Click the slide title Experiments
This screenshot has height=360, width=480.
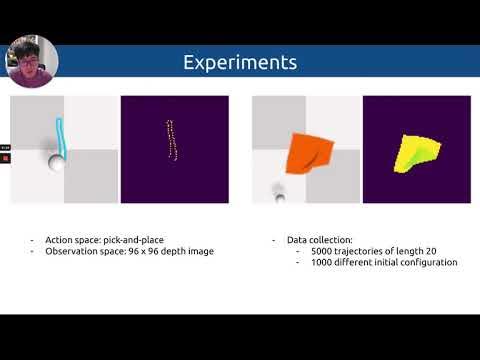[x=239, y=62]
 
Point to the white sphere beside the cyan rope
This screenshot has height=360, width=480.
[x=55, y=163]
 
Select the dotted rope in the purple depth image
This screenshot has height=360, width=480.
[x=171, y=141]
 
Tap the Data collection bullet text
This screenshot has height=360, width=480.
[x=319, y=241]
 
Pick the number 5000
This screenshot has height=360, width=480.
[x=322, y=251]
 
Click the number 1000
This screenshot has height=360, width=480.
[x=322, y=262]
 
